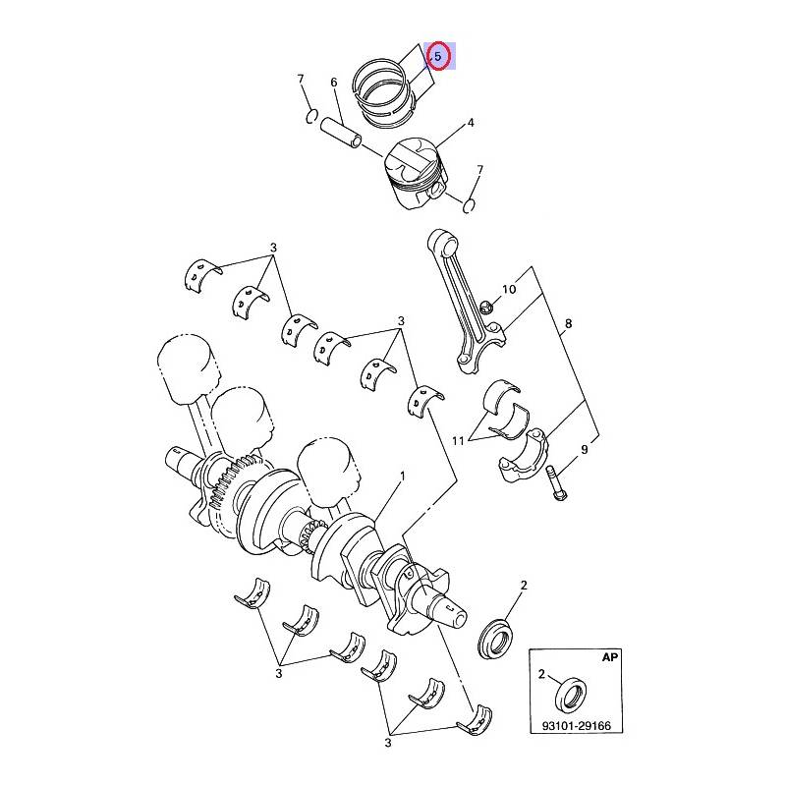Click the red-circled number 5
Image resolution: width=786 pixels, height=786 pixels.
[x=438, y=57]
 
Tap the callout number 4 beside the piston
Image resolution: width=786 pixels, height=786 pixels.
[x=471, y=124]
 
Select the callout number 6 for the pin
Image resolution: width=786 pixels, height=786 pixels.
[x=335, y=84]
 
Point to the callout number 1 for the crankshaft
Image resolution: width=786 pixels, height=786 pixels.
[x=402, y=477]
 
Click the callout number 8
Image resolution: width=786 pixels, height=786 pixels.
[x=568, y=324]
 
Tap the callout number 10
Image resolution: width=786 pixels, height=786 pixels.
[x=509, y=290]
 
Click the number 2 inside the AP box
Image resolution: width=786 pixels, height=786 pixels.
[x=541, y=674]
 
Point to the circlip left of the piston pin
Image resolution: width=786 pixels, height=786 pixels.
[x=311, y=118]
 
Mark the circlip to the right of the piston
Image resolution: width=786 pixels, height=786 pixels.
[x=470, y=205]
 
